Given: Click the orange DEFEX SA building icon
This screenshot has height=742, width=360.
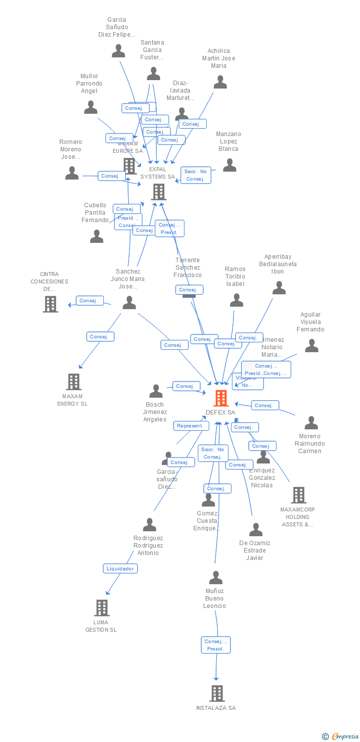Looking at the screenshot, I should [x=221, y=398].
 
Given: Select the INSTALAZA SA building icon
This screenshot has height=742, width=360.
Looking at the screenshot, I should [x=217, y=694].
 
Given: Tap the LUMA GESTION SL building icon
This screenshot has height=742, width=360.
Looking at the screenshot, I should [x=101, y=608].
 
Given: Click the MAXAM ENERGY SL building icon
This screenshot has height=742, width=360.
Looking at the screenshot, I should [x=74, y=382].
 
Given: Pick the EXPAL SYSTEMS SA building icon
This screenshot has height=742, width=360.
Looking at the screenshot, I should [x=158, y=192].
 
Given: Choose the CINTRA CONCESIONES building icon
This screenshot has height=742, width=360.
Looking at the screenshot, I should [x=50, y=304].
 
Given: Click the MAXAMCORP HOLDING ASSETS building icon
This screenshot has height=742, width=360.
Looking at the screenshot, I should [x=298, y=495].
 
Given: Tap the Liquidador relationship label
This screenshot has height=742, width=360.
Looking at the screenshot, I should [x=120, y=569].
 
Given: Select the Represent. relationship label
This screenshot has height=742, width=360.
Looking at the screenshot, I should [x=190, y=426].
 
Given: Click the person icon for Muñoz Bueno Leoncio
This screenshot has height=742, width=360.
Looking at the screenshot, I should [x=216, y=578].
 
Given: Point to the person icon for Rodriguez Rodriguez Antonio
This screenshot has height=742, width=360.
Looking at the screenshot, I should [x=149, y=525].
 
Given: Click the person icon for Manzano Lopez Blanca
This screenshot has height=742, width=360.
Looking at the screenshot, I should [x=229, y=165].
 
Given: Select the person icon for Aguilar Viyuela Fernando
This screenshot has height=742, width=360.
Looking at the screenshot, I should [x=312, y=346].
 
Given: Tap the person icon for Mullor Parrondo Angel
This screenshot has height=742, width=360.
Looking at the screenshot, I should [x=90, y=107].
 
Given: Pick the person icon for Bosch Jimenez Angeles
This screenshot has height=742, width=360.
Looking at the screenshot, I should [x=156, y=391].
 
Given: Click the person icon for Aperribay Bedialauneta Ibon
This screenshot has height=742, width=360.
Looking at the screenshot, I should [x=279, y=288].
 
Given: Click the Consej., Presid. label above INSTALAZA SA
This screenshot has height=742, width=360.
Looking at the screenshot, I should [x=216, y=645].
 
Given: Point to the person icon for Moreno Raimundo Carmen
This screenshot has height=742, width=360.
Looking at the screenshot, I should [x=311, y=423].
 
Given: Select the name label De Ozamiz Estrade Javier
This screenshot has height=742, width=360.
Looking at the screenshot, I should [x=255, y=551].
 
